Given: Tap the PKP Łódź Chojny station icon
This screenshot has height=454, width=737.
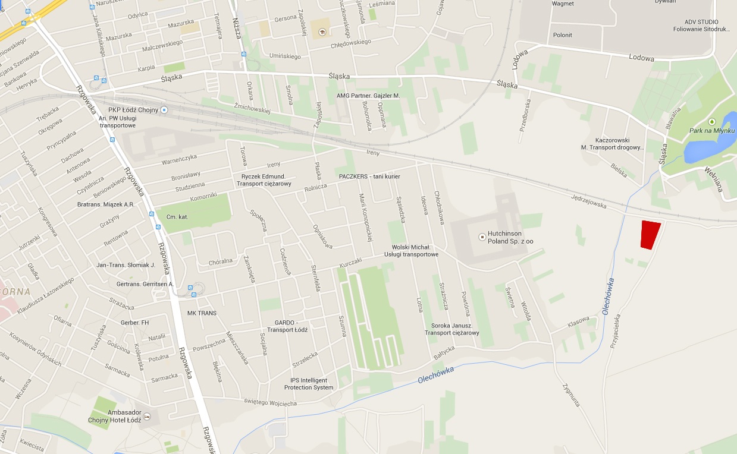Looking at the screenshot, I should point(164,110).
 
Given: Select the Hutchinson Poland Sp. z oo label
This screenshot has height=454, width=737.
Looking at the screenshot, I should point(510,238).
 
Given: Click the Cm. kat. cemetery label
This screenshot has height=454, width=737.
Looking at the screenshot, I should point(177,217).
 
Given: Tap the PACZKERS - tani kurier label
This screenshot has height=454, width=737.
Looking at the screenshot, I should point(369,177).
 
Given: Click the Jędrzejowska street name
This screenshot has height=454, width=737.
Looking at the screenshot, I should point(588,200).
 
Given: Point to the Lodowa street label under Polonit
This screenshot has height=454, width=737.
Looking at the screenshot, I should point(641,58).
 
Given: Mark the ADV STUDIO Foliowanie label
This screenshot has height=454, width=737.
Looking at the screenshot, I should point(701,26).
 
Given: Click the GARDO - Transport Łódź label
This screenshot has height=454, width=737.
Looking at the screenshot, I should point(287,326).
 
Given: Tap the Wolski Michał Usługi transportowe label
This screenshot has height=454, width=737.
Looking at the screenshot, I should point(415,251).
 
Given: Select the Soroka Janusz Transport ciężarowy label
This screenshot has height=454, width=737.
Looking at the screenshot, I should point(452,329).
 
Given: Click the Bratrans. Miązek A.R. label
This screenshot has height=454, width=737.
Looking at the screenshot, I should point(106,204).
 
